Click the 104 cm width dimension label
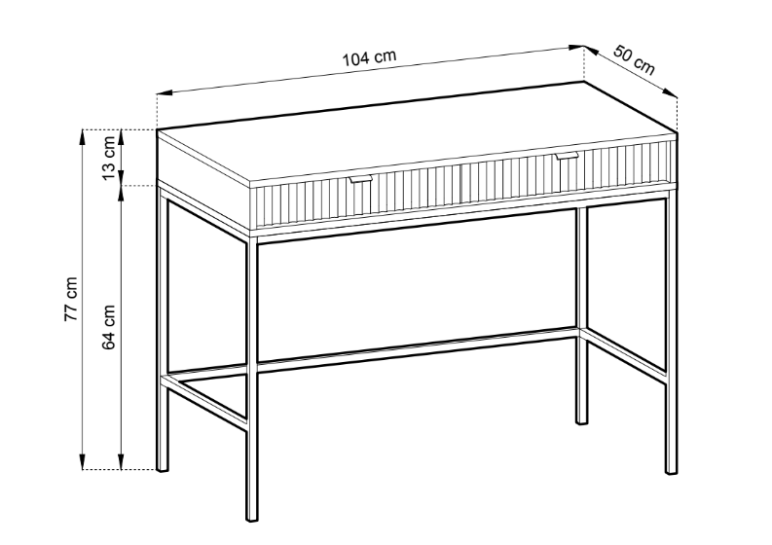pyautogui.click(x=369, y=57)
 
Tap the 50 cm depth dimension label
pyautogui.click(x=635, y=60)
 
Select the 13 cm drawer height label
pyautogui.click(x=109, y=158)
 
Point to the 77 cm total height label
pyautogui.click(x=70, y=299)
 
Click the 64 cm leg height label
pyautogui.click(x=109, y=327)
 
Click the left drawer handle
pyautogui.click(x=360, y=178)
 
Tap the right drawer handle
pyautogui.click(x=567, y=156)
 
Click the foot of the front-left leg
pyautogui.click(x=251, y=517)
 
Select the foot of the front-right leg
pyautogui.click(x=671, y=470)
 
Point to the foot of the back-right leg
pyautogui.click(x=581, y=420)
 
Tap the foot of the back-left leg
pyautogui.click(x=163, y=468)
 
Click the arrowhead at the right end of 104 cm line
pyautogui.click(x=576, y=48)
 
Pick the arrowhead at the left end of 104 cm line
pyautogui.click(x=165, y=92)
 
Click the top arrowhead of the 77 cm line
pyautogui.click(x=83, y=137)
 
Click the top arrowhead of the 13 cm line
pyautogui.click(x=121, y=137)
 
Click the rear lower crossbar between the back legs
pyautogui.click(x=417, y=348)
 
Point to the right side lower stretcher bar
pyautogui.click(x=624, y=353)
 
